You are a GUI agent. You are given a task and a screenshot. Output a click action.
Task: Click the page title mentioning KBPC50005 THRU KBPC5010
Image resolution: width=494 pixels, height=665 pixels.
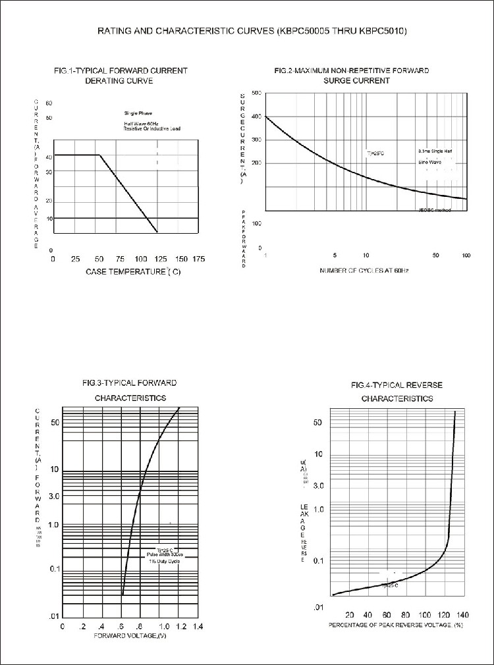247,31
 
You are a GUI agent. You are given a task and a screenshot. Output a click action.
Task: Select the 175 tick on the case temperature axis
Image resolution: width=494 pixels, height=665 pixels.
199,259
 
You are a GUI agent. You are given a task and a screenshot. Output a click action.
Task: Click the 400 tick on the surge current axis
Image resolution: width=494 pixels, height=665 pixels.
256,117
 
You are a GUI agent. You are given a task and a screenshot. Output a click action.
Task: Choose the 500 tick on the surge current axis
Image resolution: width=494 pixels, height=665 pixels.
256,93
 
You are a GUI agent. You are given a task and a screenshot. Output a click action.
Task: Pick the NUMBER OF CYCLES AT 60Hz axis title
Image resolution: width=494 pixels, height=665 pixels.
364,271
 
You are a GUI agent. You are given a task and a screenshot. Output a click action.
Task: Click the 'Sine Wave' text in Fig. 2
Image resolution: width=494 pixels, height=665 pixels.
430,161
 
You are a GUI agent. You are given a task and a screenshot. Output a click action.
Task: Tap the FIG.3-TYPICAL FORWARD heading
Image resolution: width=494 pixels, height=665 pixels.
130,383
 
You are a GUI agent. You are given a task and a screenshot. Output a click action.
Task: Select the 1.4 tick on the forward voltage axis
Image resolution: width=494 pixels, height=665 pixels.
197,626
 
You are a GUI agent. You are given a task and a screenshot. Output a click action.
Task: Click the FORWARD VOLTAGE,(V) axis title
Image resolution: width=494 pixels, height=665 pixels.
129,635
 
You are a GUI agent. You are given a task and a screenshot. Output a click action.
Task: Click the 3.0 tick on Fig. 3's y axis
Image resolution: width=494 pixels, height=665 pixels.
53,495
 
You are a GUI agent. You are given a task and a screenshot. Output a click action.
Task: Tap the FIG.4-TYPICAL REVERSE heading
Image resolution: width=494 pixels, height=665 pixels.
397,385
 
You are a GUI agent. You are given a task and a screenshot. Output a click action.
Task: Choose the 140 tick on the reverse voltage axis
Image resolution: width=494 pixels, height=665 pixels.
462,616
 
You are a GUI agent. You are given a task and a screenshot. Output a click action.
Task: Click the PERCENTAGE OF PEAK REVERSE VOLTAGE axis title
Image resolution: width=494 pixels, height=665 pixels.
396,625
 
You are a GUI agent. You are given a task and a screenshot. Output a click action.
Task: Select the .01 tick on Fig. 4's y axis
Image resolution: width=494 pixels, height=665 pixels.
317,606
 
